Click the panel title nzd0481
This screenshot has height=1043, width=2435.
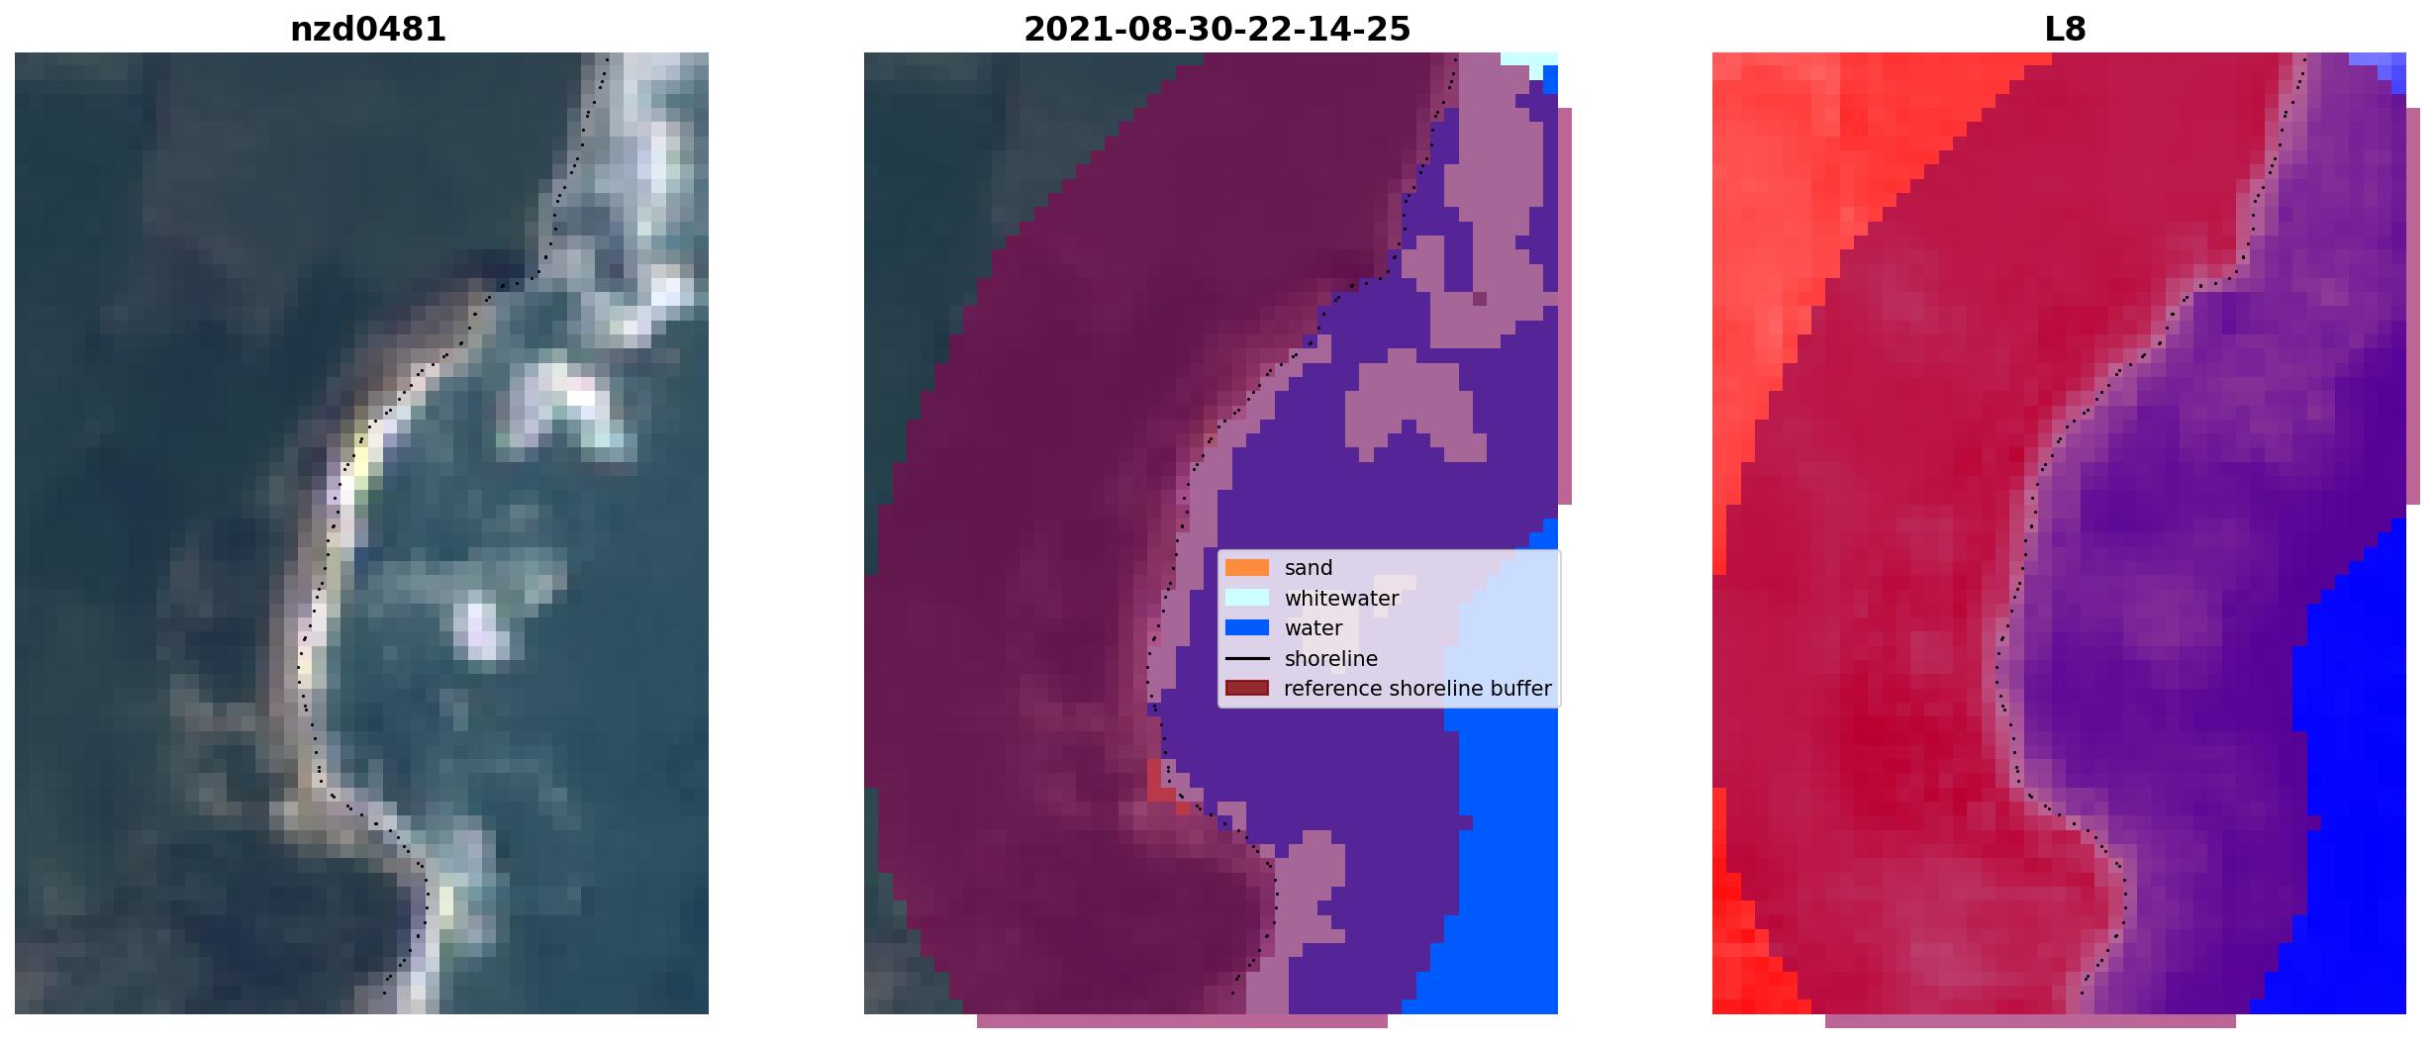pos(367,30)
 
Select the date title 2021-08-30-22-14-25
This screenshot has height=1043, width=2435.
pos(1217,30)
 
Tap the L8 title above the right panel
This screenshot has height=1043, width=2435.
pos(2065,30)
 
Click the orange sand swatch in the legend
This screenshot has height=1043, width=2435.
pos(1247,568)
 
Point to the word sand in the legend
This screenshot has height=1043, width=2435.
pos(1309,568)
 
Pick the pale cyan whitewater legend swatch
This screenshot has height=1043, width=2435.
pos(1247,598)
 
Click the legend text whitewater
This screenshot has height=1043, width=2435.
pos(1341,599)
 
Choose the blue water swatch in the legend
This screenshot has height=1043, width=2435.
pos(1247,627)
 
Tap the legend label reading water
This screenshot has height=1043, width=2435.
pos(1314,628)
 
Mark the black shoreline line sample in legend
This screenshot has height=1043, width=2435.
pos(1247,658)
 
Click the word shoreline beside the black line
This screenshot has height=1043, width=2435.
pos(1330,658)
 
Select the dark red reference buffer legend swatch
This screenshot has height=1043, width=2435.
pos(1247,688)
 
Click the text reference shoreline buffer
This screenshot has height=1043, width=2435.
pos(1417,689)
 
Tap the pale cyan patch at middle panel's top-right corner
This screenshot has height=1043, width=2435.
pos(1530,61)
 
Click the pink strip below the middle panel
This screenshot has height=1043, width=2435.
pos(1182,1021)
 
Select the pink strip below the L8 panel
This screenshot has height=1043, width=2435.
pos(2030,1021)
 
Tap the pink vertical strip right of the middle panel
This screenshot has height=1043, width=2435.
pos(1565,307)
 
